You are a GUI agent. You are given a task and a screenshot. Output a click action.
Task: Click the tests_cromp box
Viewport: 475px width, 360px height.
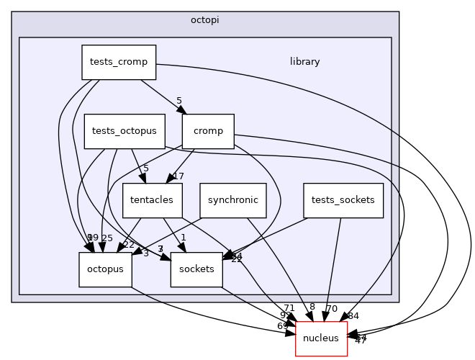coord(119,62)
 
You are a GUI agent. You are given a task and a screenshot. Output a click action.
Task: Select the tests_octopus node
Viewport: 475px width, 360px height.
coord(125,131)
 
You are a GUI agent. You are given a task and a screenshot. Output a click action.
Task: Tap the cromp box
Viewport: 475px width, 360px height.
coord(208,131)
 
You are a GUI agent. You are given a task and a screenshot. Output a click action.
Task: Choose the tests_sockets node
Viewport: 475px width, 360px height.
coord(343,200)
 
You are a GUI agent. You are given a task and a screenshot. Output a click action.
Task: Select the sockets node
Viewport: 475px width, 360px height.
coord(196,269)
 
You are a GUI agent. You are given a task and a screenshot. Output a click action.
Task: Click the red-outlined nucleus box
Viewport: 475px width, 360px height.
coord(321,338)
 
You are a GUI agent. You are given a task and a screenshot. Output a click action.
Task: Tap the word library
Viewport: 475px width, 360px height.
coord(304,62)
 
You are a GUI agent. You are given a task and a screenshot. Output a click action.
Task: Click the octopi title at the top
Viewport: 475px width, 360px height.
coord(205,19)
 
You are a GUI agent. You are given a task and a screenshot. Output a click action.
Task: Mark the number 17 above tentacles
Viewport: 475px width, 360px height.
coord(179,176)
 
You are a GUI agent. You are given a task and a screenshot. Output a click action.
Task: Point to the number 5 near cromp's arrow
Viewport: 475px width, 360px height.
coord(179,101)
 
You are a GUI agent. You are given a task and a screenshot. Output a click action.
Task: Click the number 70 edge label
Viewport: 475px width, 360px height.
coord(332,309)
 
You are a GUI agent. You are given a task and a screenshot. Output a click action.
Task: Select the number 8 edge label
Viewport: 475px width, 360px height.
coord(312,307)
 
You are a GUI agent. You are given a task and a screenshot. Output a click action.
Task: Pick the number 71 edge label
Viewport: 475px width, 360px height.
coord(289,308)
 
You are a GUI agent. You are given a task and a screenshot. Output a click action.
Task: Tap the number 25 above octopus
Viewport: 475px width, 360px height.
coord(107,238)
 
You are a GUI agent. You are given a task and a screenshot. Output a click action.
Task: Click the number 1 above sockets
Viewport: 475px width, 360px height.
coord(184,238)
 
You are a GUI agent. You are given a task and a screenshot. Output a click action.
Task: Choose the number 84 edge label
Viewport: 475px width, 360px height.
coord(353,316)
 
